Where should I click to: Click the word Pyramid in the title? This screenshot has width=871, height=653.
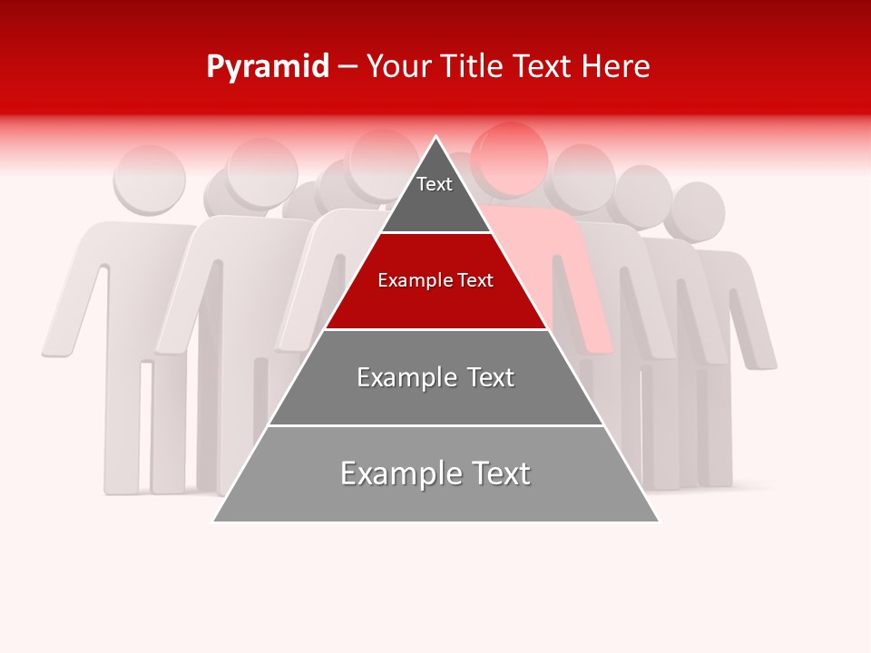click(268, 67)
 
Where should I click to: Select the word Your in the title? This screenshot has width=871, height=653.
click(400, 67)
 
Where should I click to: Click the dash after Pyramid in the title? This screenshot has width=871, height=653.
click(347, 67)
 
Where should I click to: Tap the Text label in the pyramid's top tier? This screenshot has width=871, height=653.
click(434, 184)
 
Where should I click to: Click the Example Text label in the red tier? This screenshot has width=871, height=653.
click(435, 280)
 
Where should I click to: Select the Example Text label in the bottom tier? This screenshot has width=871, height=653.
click(435, 473)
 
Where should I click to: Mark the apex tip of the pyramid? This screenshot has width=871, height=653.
click(436, 138)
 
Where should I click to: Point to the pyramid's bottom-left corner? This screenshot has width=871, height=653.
click(214, 521)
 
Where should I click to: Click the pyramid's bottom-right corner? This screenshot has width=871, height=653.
click(658, 521)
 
